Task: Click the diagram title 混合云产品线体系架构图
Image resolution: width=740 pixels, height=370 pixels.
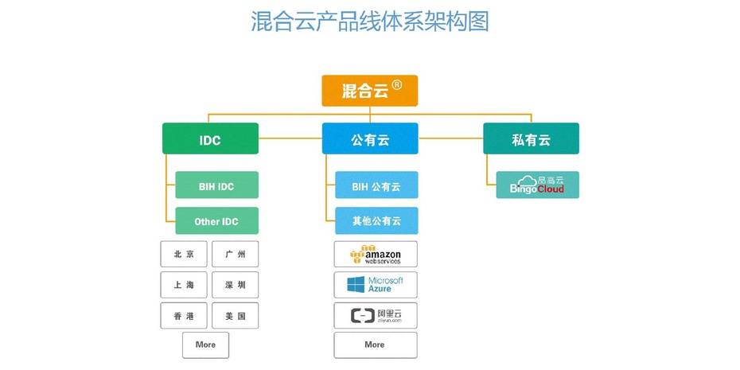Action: [x=369, y=21]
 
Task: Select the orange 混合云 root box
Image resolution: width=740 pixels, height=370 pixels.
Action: [x=369, y=91]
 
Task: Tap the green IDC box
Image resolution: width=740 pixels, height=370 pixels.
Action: [x=210, y=139]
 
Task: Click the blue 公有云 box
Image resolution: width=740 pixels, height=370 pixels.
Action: [x=369, y=139]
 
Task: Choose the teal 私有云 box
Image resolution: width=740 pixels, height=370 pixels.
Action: [x=531, y=139]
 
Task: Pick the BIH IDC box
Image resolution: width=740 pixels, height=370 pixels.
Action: [x=216, y=185]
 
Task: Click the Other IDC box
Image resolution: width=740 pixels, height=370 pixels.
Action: [x=216, y=220]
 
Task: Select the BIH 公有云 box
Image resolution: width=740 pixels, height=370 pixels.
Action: [x=376, y=185]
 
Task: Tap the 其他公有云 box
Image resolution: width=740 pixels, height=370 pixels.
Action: [x=376, y=220]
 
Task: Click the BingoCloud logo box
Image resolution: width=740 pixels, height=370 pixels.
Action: [x=537, y=185]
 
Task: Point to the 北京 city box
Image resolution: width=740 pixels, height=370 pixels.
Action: [x=184, y=254]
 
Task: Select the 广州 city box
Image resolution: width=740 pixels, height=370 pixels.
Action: [x=236, y=254]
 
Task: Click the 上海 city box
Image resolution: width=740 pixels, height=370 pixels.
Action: [x=184, y=285]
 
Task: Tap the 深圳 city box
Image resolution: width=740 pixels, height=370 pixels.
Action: [x=236, y=285]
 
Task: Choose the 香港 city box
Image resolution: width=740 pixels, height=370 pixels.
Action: [x=184, y=315]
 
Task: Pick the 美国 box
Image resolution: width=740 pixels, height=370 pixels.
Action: [x=236, y=315]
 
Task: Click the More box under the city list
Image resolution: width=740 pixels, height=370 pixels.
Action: [x=205, y=345]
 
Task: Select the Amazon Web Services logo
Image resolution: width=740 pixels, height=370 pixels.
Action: [x=376, y=254]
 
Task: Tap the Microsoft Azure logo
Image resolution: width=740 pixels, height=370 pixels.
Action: [x=376, y=285]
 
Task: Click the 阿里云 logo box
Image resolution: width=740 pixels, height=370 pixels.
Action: [x=376, y=315]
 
